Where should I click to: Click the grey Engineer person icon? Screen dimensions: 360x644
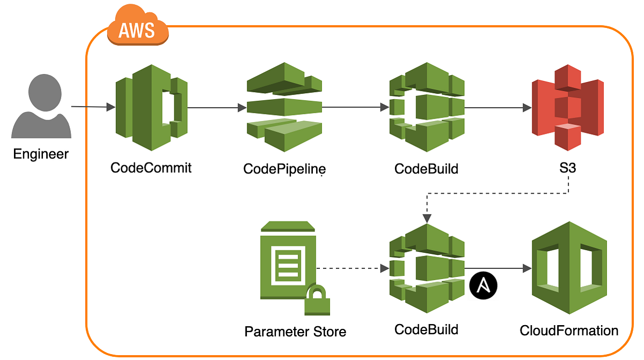(x=41, y=107)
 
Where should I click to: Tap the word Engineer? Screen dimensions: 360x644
(x=41, y=155)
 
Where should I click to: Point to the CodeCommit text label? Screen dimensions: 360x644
(x=151, y=167)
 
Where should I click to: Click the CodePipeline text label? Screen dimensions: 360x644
(x=284, y=169)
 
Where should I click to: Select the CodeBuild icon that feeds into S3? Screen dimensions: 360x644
(x=426, y=107)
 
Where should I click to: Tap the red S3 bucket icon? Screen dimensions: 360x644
(x=567, y=107)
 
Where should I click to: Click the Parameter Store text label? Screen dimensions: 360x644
(x=295, y=332)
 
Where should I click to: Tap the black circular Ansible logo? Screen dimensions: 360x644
(x=484, y=285)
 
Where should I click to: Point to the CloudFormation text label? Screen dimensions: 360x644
(x=569, y=330)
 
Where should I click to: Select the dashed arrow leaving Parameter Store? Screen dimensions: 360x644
(x=352, y=268)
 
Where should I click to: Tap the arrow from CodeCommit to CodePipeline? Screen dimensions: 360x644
(x=215, y=108)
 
